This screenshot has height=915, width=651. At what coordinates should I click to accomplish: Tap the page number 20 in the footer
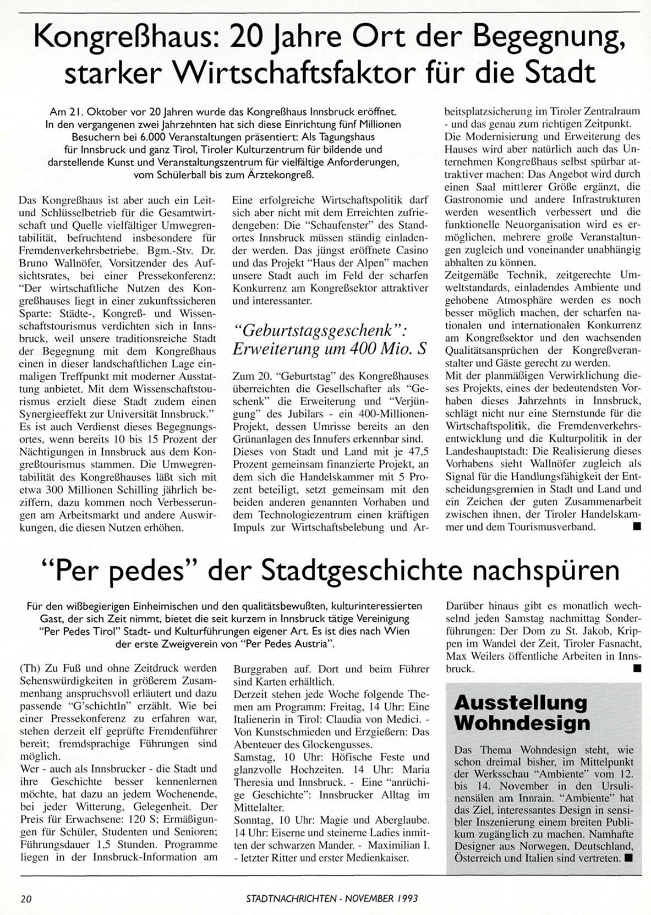point(25,898)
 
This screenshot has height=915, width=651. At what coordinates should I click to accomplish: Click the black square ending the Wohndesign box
point(629,857)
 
